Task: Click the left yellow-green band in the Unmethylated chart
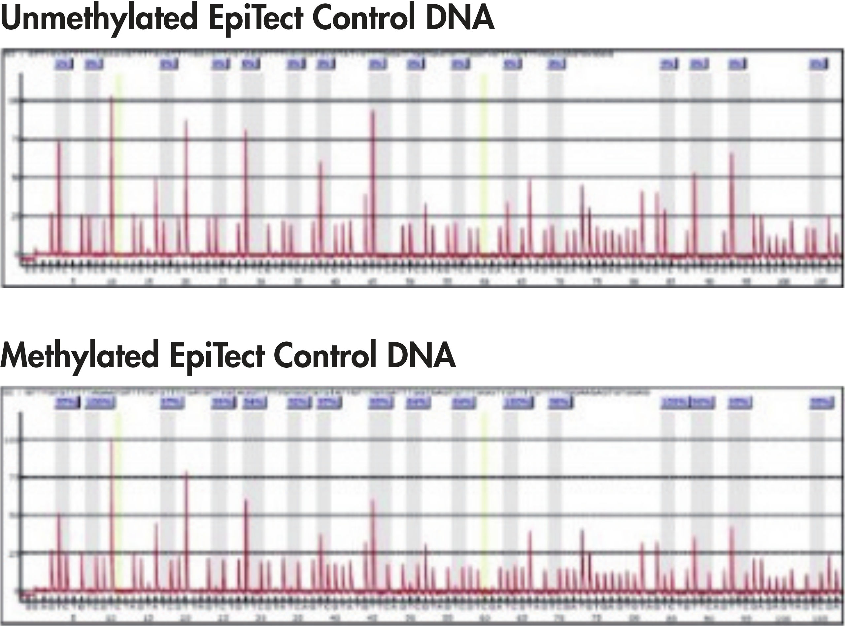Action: point(118,163)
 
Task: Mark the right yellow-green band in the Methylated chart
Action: point(484,500)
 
